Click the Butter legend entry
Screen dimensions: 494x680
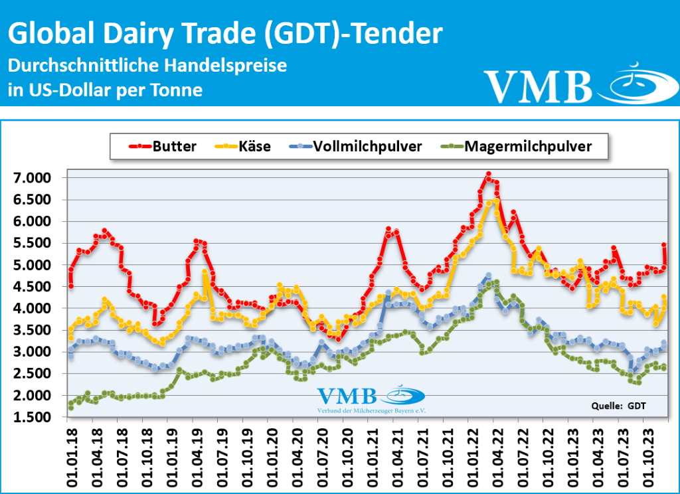165,147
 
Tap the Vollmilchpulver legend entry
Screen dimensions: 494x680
359,147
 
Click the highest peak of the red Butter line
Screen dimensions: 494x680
488,174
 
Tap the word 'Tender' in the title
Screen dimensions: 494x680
396,33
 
